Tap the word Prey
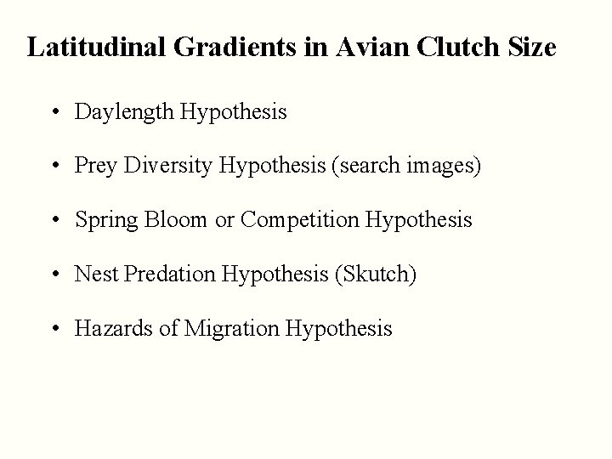(95, 166)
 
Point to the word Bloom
(176, 220)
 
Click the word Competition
(300, 221)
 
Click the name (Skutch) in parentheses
(376, 275)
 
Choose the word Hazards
(109, 328)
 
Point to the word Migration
(238, 329)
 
